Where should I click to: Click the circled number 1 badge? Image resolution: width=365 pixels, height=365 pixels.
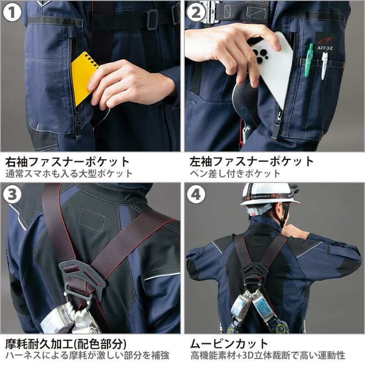coord(12,12)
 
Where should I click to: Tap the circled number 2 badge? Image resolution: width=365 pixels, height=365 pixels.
coord(196,12)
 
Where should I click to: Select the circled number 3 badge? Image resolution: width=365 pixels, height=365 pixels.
coord(12,194)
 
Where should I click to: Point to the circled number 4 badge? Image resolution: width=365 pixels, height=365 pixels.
coord(196,194)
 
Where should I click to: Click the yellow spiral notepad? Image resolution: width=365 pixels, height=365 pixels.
coord(84,77)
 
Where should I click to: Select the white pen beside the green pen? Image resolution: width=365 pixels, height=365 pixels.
coord(324,65)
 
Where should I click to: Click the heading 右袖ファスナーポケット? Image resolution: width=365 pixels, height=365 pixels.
coord(67,162)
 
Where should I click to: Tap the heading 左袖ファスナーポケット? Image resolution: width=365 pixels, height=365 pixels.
coord(252,162)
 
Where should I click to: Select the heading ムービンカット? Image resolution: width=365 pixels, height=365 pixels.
coord(229,344)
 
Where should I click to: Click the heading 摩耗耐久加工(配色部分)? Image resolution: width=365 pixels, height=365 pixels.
coord(66,344)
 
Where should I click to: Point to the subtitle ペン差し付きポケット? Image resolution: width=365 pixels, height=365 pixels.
coord(235,174)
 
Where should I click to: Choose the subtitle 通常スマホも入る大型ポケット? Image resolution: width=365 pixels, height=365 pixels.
coord(69,174)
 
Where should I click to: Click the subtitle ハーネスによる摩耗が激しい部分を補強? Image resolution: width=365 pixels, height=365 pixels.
coord(87,356)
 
